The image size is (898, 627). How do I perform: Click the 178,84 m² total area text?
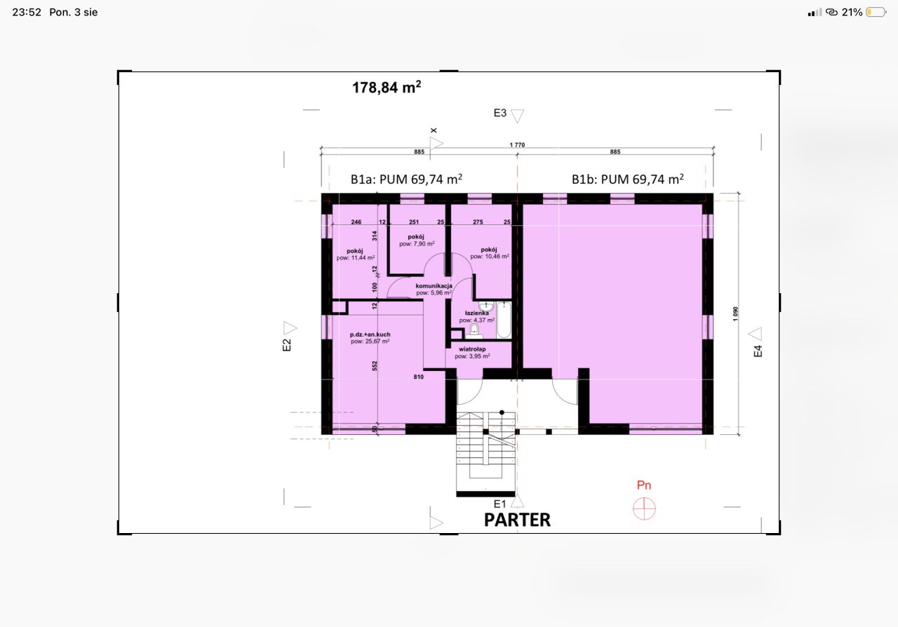387,87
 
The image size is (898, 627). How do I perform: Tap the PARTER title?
517,520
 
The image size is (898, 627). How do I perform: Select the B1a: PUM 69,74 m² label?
406,179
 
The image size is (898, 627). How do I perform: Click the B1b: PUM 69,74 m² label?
628,179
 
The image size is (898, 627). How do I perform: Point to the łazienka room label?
476,313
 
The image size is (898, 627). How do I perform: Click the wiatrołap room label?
472,349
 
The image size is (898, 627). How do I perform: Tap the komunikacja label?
434,286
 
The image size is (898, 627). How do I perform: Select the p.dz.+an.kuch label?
370,335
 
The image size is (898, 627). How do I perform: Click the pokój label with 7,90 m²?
416,236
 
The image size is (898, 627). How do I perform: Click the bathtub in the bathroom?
504,321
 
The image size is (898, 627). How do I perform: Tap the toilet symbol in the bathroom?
474,332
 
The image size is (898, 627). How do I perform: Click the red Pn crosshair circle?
644,508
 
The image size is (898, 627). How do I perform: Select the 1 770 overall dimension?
517,144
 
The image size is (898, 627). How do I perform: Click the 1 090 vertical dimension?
735,314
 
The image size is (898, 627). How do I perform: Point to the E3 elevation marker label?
500,113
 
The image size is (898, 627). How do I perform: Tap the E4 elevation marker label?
758,351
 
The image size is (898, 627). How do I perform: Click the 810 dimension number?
419,377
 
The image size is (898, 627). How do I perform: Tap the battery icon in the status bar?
876,13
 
